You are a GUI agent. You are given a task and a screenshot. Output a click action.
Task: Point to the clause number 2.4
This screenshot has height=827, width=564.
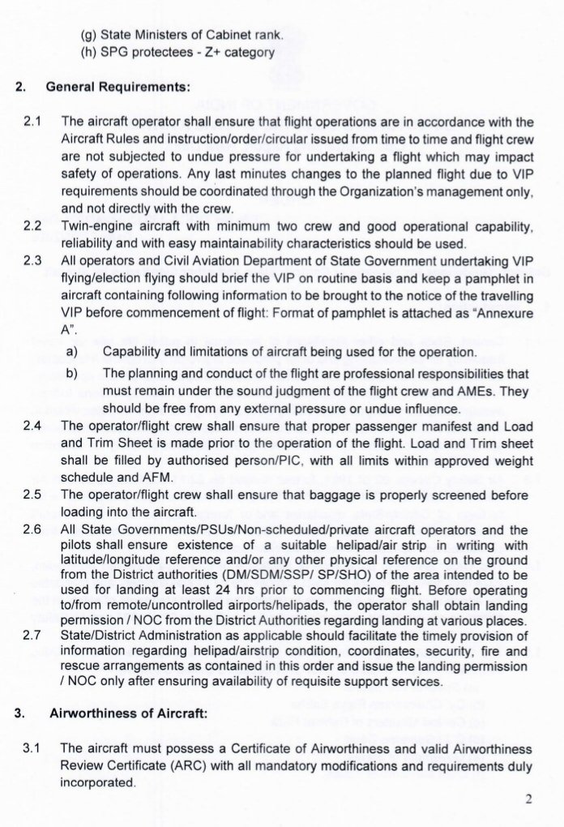[x=32, y=426]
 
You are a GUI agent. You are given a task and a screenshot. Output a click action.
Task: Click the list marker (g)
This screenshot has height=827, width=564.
[x=89, y=35]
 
